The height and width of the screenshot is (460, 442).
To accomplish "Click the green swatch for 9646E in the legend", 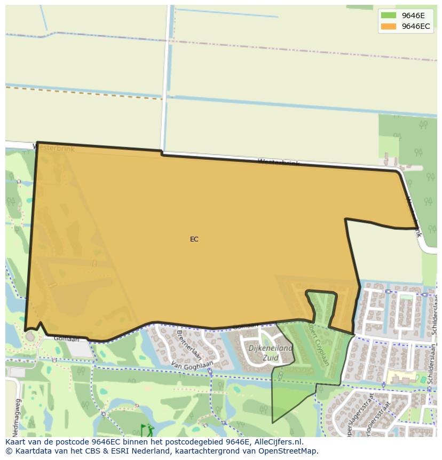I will pos(388,15).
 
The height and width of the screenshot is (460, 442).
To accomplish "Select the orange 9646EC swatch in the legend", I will pos(388,26).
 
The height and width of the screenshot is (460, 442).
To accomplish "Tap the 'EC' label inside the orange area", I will pos(194,239).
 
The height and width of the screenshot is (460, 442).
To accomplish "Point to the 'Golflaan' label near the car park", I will pos(66,339).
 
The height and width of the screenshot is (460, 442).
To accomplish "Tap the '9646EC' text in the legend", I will pos(416,26).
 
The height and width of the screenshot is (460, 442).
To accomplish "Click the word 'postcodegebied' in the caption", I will pos(189,442).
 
